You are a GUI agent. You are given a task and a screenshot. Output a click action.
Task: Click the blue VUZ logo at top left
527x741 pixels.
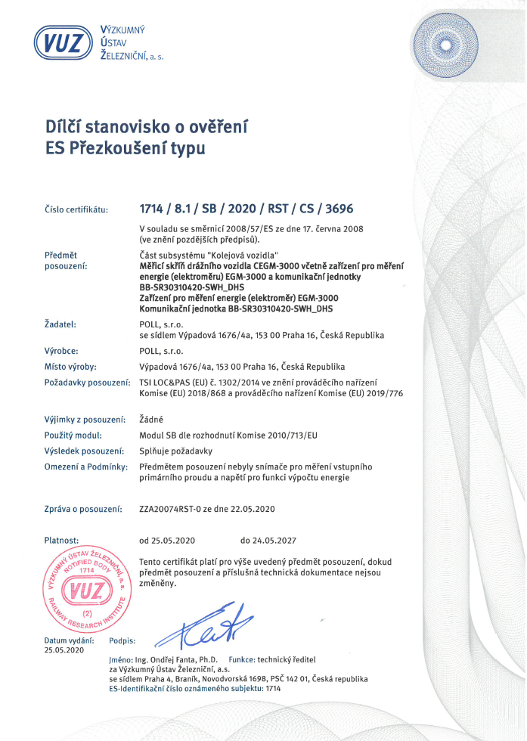(x=63, y=42)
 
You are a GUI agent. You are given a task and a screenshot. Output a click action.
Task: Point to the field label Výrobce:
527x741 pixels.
(x=62, y=351)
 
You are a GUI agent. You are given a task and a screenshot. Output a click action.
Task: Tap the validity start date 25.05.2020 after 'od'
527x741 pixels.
(x=175, y=541)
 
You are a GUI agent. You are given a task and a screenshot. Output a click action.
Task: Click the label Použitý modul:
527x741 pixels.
(x=73, y=436)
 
